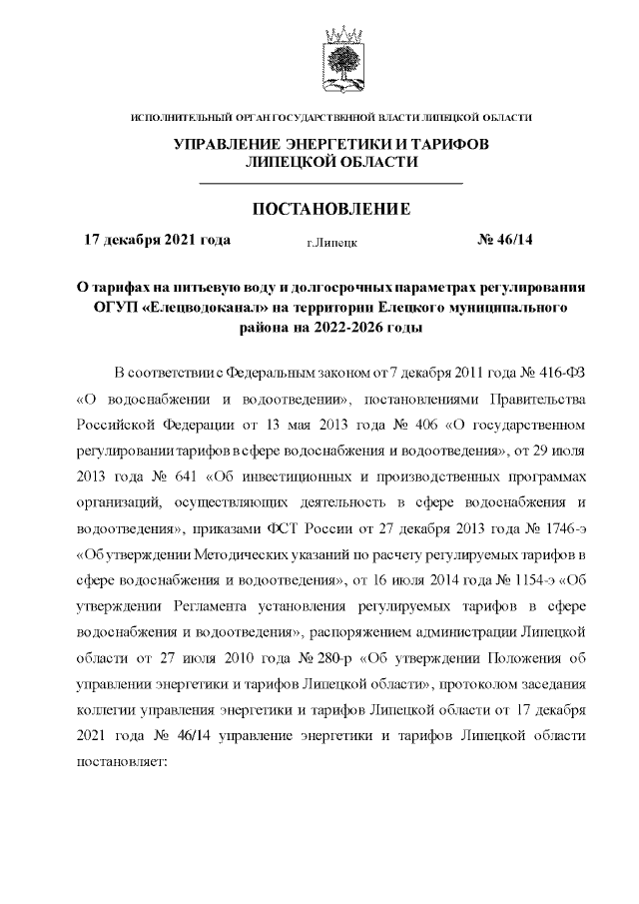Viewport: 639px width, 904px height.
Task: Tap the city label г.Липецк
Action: click(332, 242)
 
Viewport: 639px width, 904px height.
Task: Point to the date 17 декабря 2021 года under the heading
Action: click(157, 240)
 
